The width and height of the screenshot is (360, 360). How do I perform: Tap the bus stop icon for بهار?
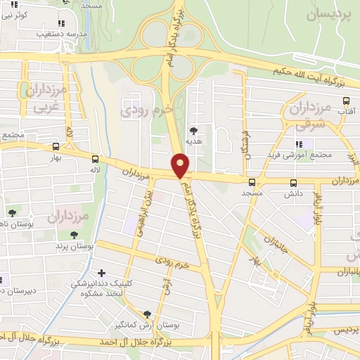click(x=56, y=147)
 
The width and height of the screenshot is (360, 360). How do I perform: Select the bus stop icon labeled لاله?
click(x=95, y=159)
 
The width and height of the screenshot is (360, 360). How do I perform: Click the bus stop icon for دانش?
click(x=292, y=182)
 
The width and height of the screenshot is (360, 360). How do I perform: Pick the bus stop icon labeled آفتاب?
click(x=345, y=101)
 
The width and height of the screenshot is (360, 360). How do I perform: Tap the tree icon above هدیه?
click(x=193, y=130)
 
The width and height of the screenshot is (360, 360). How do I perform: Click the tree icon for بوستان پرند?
click(x=75, y=235)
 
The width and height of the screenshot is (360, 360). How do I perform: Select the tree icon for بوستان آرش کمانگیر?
click(x=147, y=314)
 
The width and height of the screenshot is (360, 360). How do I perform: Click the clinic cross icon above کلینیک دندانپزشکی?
click(x=102, y=272)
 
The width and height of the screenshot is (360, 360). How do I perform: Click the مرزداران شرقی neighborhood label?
click(x=309, y=116)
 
